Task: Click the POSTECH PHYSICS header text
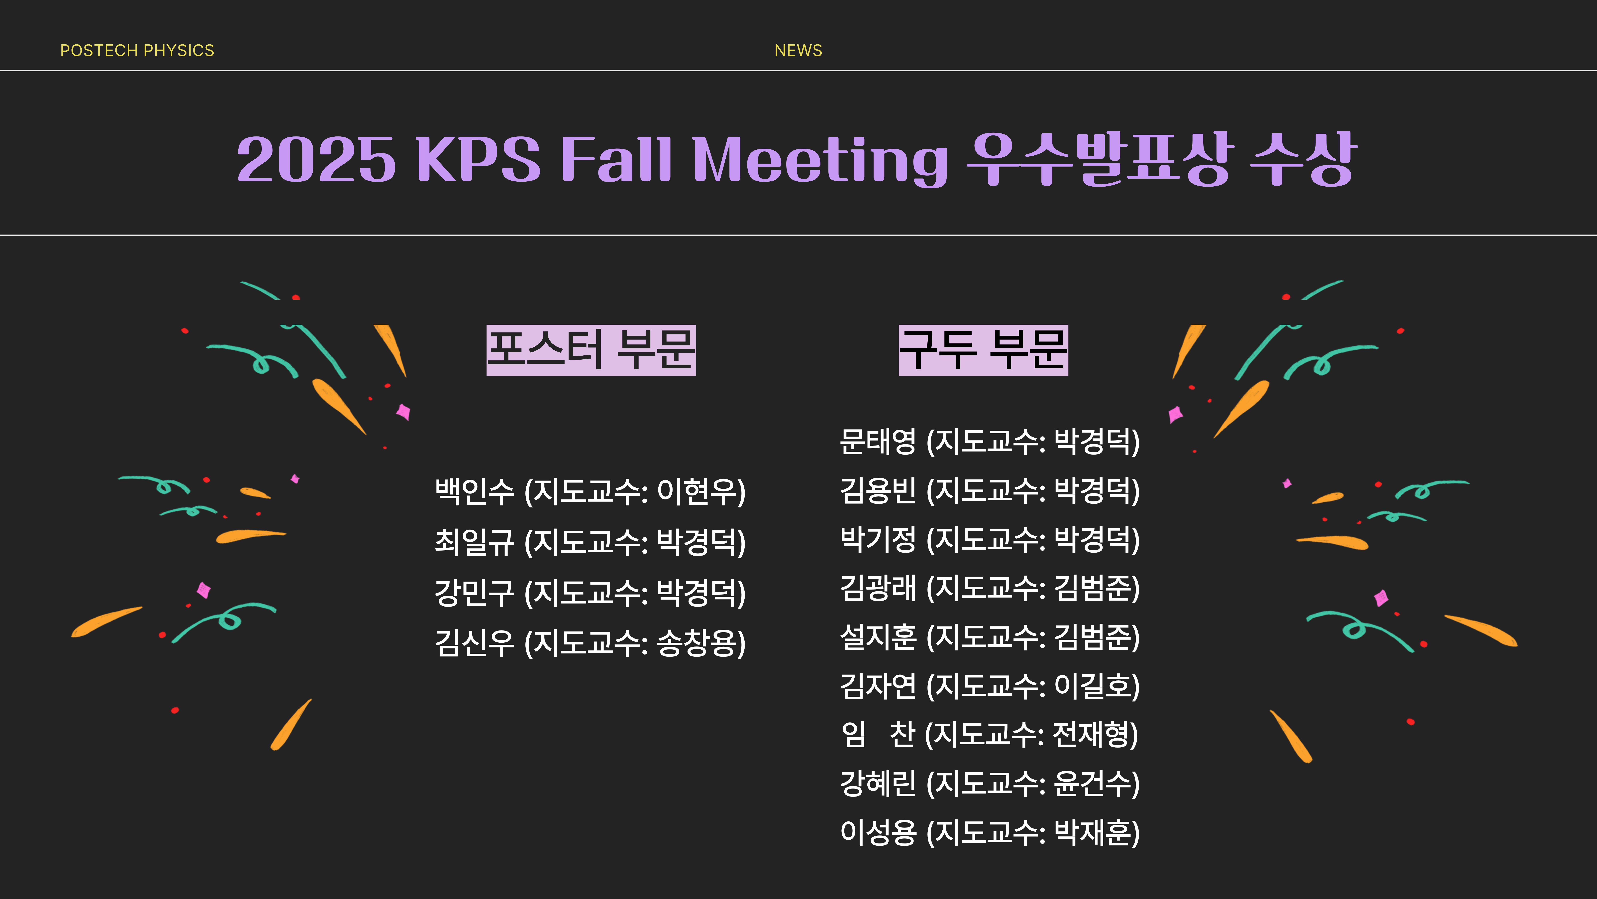pos(137,50)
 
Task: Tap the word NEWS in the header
pos(798,50)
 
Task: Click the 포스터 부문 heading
pos(591,350)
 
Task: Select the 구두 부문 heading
pos(983,350)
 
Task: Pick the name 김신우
pos(474,643)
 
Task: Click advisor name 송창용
pos(695,643)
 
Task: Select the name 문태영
pos(878,442)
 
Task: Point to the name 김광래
pos(878,588)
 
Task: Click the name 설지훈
pos(878,637)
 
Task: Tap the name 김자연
pos(878,686)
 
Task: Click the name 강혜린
pos(878,784)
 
